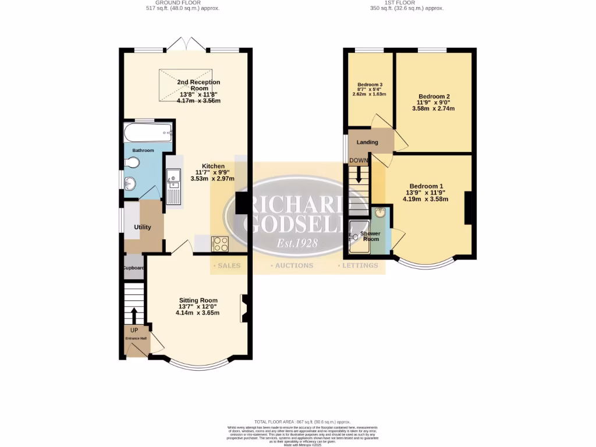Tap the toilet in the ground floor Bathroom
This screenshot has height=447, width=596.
(131, 164)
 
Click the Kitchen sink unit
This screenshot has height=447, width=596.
(173, 186)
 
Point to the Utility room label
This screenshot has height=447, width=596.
(143, 227)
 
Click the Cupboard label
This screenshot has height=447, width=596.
(133, 268)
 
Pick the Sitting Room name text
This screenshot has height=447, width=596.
(197, 300)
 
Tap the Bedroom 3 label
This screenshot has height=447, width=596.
(370, 84)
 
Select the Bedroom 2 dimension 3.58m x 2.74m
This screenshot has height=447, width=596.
(433, 108)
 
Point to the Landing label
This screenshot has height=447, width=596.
(367, 142)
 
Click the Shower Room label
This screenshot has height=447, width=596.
(370, 236)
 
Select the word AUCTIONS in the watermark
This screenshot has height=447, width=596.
(295, 265)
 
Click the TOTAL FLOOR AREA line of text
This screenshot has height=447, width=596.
(302, 421)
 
